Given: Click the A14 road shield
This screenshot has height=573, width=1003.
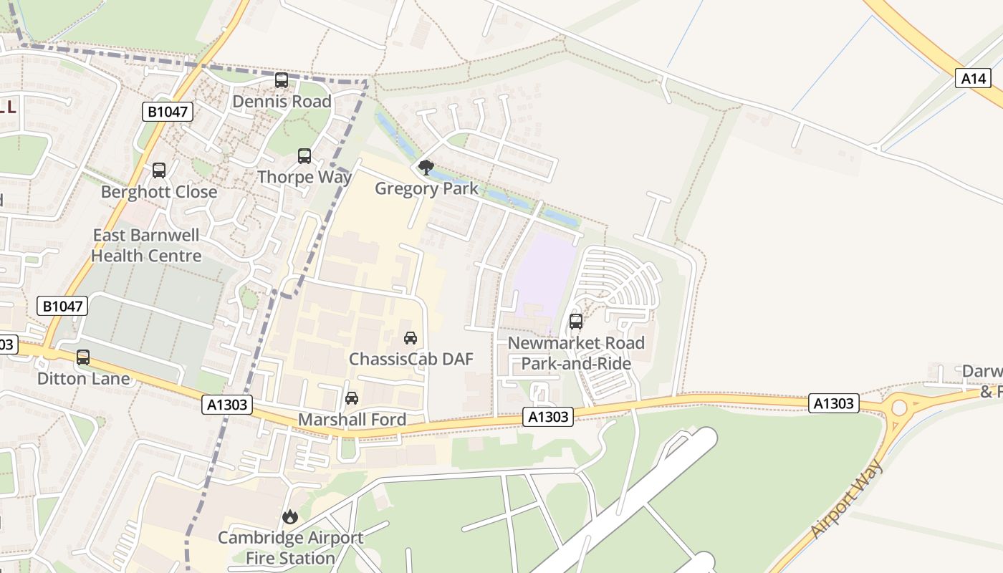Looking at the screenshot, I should pos(973,79).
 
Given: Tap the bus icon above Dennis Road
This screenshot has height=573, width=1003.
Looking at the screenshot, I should pos(282,80).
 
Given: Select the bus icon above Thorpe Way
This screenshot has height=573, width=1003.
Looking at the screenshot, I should pos(304,155).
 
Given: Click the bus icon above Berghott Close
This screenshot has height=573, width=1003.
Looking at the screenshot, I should pos(159,170).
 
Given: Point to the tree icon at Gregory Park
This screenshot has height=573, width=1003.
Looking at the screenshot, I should pos(426,168).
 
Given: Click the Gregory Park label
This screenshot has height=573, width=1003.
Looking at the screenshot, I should pos(426,189).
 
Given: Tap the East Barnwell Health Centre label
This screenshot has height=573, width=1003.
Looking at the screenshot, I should pos(146,246).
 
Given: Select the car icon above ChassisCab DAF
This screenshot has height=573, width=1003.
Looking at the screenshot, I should pos(411,337).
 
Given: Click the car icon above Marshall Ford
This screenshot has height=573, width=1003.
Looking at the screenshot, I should pos(352,398).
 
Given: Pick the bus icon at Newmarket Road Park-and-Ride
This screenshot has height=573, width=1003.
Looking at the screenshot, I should pos(576,322).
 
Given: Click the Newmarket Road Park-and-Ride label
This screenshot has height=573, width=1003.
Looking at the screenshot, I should pos(576,353).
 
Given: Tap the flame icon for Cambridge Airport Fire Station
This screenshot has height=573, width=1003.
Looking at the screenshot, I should pos(290,516).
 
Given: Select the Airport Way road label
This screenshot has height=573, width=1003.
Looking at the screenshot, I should pos(848,499).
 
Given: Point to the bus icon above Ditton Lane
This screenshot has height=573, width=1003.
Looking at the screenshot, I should pos(83,357).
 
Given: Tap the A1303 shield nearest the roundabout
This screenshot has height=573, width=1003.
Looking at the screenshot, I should pos(833,403).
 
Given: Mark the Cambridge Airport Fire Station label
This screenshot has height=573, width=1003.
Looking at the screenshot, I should pos(290,548).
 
